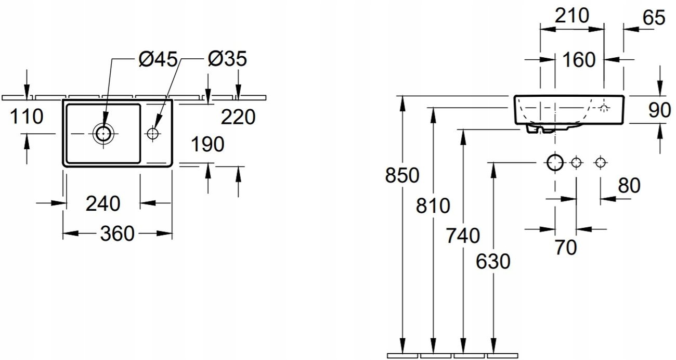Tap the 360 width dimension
[x=118, y=235]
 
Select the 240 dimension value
[x=103, y=203]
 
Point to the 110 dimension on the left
[x=26, y=117]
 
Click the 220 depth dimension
[x=238, y=117]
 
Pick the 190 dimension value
[x=207, y=145]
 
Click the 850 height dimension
[x=402, y=176]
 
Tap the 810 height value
[x=433, y=206]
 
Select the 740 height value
[x=463, y=236]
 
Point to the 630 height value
[x=493, y=262]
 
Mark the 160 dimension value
[x=578, y=60]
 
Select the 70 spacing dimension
[x=565, y=248]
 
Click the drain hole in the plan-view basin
[x=103, y=134]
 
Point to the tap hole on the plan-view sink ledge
[x=153, y=134]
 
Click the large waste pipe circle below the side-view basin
[x=555, y=163]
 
